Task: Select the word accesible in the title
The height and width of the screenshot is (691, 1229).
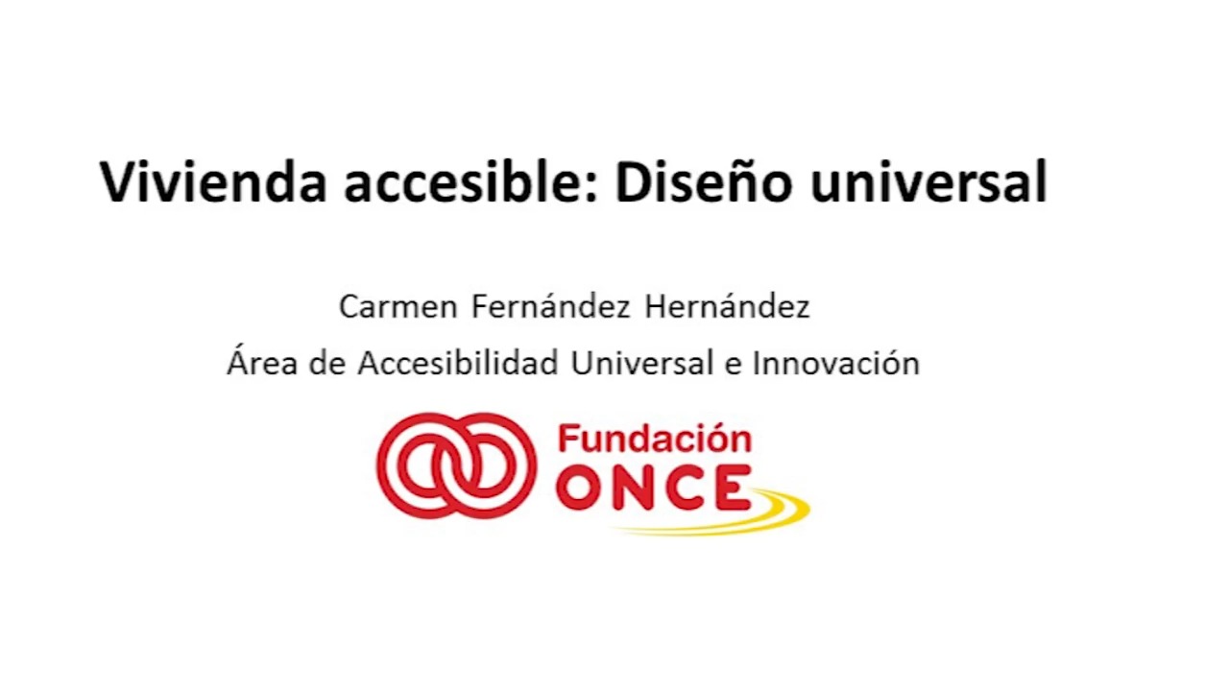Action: click(x=464, y=181)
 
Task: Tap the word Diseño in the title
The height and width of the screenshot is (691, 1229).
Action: click(x=704, y=181)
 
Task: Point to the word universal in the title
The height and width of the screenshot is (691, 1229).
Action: click(x=928, y=181)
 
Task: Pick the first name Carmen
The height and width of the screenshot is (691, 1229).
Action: click(x=398, y=306)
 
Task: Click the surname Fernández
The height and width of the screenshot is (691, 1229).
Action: click(x=551, y=306)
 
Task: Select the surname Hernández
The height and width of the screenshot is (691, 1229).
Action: click(x=727, y=306)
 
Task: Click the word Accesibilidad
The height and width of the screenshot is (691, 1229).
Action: click(x=458, y=362)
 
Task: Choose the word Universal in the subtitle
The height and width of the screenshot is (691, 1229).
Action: click(x=642, y=362)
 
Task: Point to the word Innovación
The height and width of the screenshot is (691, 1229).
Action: click(x=836, y=362)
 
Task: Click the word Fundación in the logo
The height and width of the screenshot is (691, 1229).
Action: click(x=655, y=439)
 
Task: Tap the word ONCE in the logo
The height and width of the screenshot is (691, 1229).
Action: click(x=653, y=488)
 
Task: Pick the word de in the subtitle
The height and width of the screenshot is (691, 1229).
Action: click(x=327, y=362)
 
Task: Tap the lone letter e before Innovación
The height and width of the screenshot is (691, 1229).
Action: click(x=733, y=366)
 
